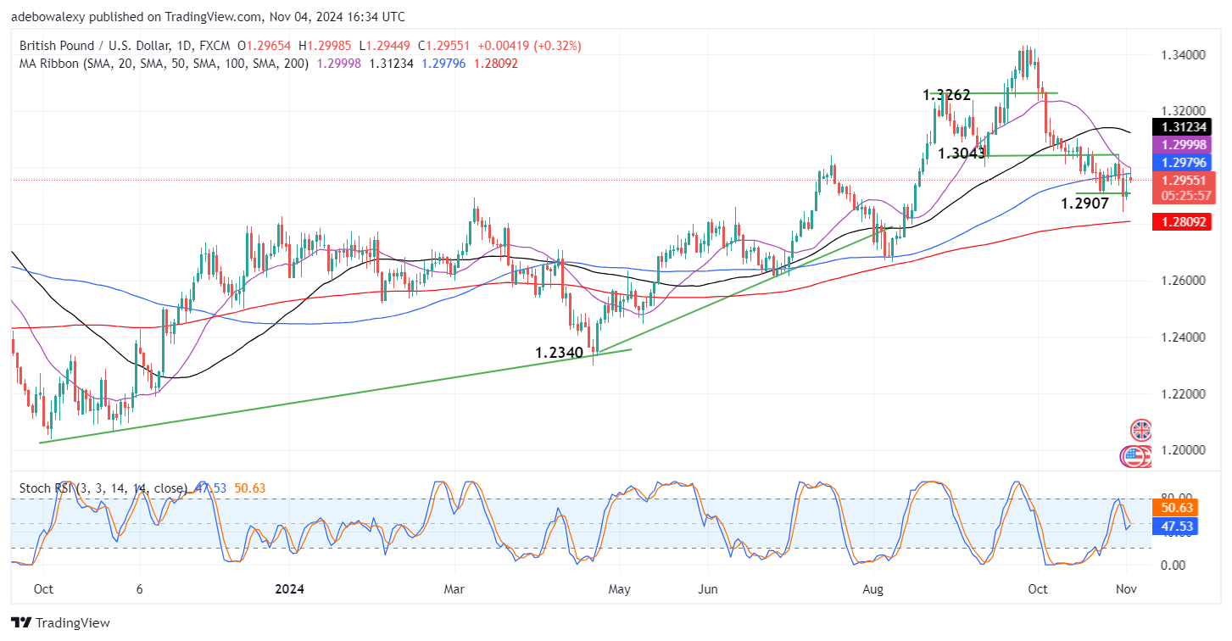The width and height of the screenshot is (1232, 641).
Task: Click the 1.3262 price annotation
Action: pyautogui.click(x=947, y=96)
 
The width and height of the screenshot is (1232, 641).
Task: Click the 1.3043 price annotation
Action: pyautogui.click(x=962, y=153)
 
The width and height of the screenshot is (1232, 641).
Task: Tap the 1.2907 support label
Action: pyautogui.click(x=1084, y=204)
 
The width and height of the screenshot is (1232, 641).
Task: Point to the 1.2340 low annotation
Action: pyautogui.click(x=559, y=353)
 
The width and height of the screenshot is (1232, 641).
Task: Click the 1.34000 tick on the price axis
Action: pyautogui.click(x=1183, y=55)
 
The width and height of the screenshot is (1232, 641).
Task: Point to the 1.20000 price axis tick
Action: pyautogui.click(x=1183, y=450)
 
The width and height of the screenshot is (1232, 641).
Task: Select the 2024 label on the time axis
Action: pyautogui.click(x=289, y=589)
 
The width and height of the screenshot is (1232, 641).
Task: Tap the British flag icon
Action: pyautogui.click(x=1141, y=430)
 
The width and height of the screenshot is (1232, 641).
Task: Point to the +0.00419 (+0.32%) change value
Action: pyautogui.click(x=529, y=45)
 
